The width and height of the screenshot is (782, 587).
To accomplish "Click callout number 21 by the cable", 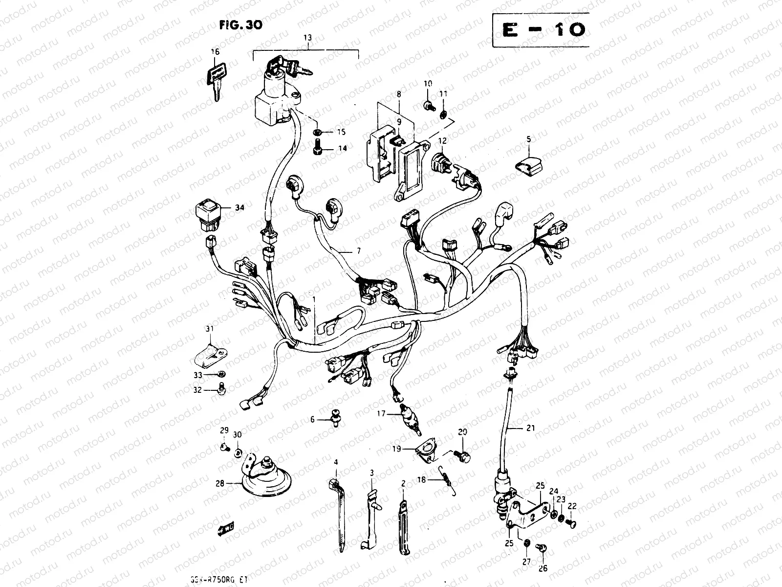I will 530,428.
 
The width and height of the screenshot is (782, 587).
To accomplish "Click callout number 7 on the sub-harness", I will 358,251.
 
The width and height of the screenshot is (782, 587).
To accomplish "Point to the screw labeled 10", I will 429,104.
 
